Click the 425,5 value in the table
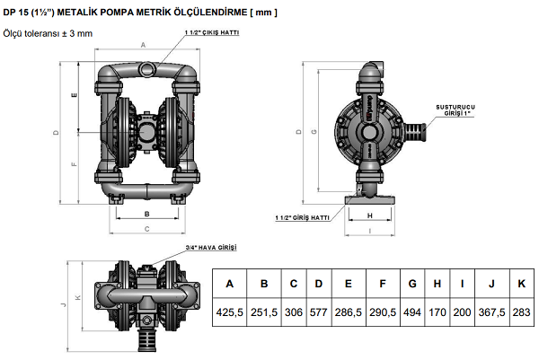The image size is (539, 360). [229, 312]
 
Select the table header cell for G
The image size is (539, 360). [412, 284]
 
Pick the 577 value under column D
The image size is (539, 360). [319, 312]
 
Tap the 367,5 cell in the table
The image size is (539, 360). [492, 312]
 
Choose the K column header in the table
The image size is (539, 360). [521, 284]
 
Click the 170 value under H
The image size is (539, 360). [437, 312]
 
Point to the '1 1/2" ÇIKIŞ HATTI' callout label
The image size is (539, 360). [212, 32]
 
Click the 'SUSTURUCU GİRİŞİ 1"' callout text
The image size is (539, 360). [455, 110]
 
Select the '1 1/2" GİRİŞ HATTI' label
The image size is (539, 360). [302, 218]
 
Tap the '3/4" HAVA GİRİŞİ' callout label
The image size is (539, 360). [211, 247]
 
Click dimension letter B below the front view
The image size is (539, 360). [146, 214]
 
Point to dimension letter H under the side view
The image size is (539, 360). [369, 215]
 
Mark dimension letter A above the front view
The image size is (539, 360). [144, 45]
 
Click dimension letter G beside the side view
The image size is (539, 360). [314, 131]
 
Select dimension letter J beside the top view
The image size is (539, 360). [63, 304]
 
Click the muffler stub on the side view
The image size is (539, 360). [415, 132]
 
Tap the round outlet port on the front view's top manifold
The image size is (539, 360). [146, 68]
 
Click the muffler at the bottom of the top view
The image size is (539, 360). [147, 339]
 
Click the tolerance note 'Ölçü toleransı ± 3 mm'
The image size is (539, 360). [48, 33]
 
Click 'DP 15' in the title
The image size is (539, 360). [16, 13]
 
